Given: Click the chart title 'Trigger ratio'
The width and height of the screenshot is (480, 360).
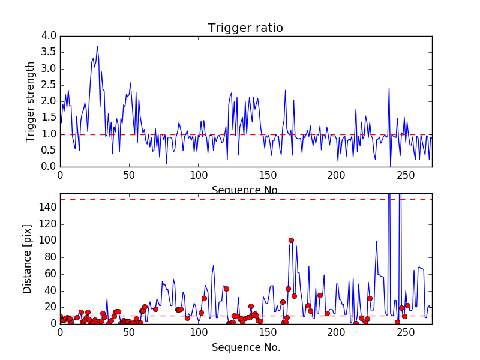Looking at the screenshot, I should coord(245,28).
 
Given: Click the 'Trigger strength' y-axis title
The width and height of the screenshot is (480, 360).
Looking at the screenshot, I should coord(31,101).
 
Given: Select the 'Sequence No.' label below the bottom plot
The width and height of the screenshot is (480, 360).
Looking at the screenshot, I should coord(245,347).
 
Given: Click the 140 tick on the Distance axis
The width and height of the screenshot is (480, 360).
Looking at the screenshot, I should coord(47,208).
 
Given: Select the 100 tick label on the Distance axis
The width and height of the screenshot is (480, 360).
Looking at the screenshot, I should coord(47,241).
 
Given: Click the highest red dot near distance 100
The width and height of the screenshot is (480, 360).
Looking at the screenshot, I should coord(291,240).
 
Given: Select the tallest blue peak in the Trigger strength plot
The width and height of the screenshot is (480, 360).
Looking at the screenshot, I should coord(97,46).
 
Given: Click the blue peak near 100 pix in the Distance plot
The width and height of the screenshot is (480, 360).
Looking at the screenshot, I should coord(377,241).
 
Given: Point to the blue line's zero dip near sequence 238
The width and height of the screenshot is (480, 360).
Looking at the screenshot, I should coord(390,166).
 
